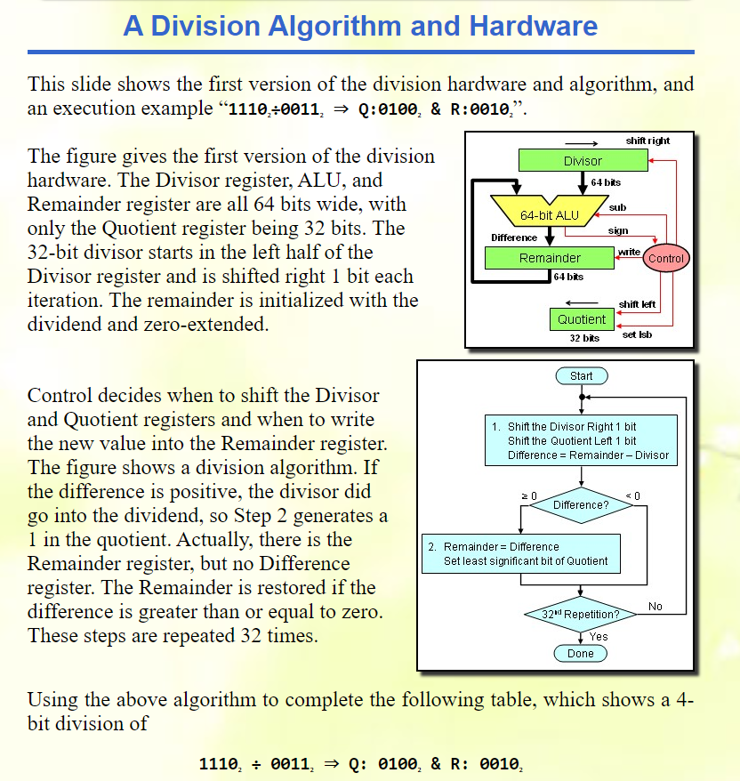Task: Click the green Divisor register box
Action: pos(583,160)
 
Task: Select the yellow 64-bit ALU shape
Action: pos(549,215)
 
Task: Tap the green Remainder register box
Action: pos(550,258)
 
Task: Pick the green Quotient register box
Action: pos(581,319)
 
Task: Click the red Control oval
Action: pos(666,259)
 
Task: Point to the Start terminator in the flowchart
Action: pos(581,376)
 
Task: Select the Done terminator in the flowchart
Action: pos(581,654)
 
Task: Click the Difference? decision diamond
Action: pos(581,505)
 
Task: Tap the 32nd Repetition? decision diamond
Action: pos(581,615)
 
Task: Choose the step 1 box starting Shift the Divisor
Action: pos(581,440)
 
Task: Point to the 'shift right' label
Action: pos(647,141)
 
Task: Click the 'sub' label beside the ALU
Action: pos(617,206)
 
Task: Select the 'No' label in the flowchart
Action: pos(656,607)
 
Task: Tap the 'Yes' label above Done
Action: pos(599,637)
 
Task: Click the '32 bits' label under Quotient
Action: pos(583,338)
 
